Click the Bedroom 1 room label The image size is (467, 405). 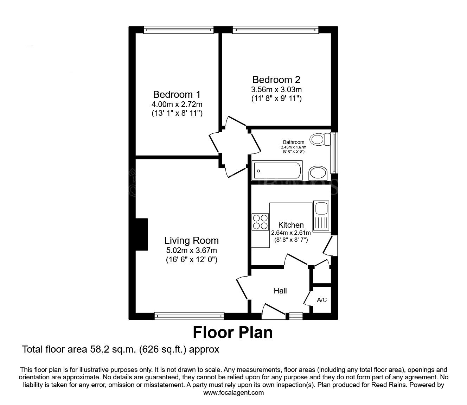[177, 95]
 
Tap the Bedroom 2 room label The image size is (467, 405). [276, 80]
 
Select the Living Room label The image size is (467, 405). [191, 241]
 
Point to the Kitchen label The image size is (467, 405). [291, 225]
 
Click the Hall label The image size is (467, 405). [280, 291]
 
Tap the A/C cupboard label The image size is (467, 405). [322, 300]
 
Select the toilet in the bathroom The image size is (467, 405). [320, 139]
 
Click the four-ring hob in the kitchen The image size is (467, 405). [260, 222]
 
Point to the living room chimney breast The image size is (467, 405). [141, 234]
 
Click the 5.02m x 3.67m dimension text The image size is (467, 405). [191, 251]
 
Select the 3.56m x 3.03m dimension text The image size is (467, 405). [276, 89]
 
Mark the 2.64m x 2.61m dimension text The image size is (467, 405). [291, 233]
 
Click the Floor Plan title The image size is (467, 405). [233, 332]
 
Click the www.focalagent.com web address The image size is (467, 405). [233, 393]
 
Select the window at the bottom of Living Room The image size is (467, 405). [189, 316]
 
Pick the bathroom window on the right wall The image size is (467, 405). [334, 152]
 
